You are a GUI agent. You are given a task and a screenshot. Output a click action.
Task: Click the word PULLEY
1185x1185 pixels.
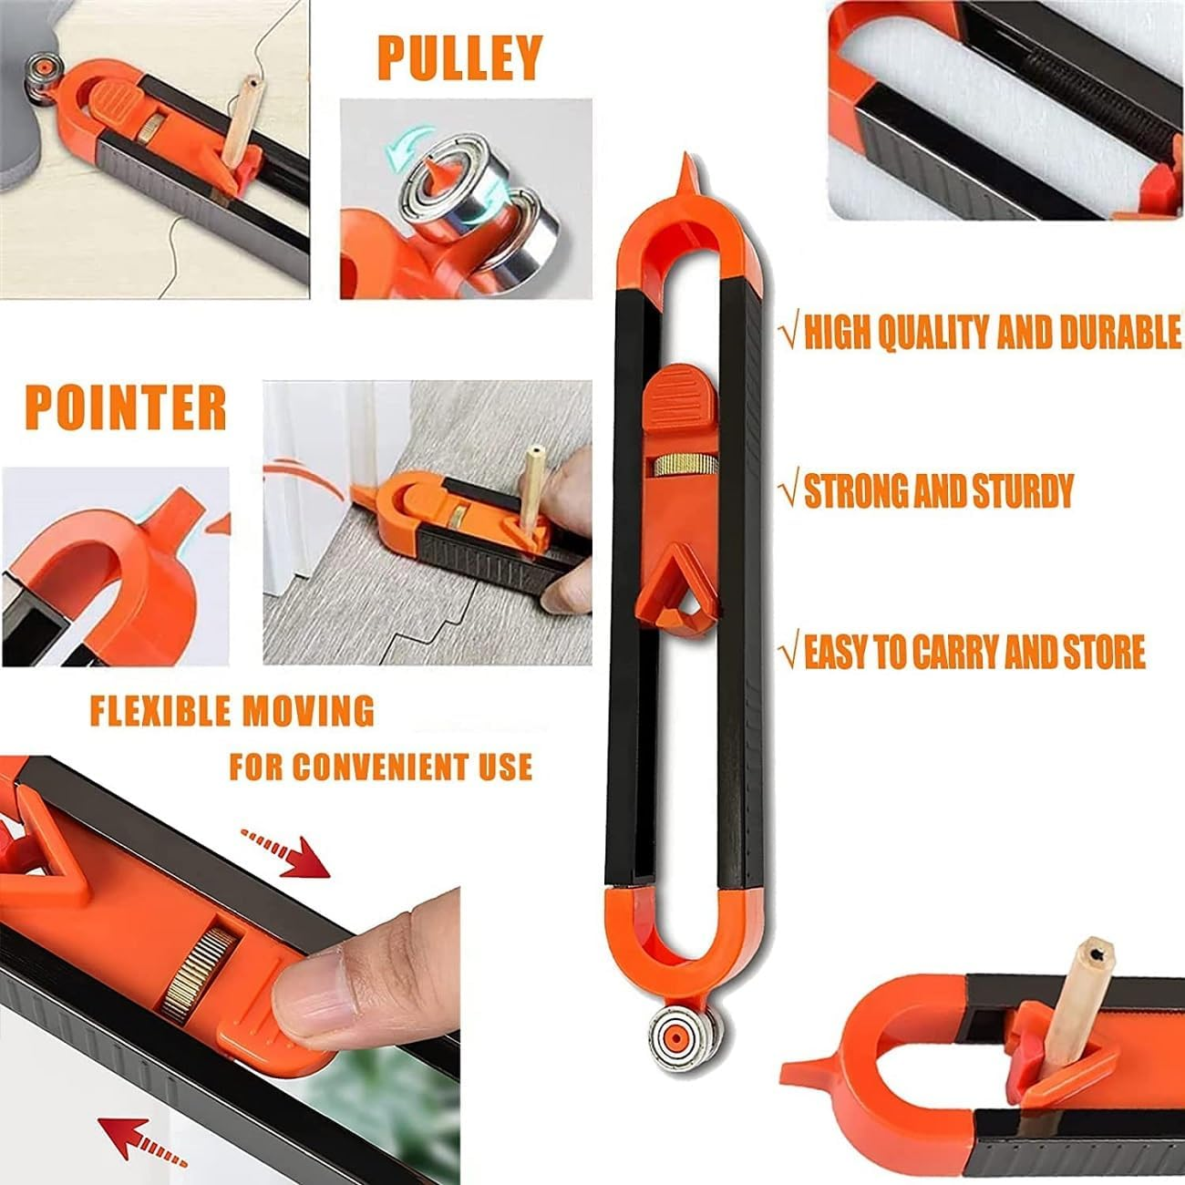[x=459, y=57]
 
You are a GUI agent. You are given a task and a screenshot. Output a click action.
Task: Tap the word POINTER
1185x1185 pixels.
[x=125, y=407]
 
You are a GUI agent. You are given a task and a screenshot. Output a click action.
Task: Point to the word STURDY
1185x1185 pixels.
[x=1015, y=491]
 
